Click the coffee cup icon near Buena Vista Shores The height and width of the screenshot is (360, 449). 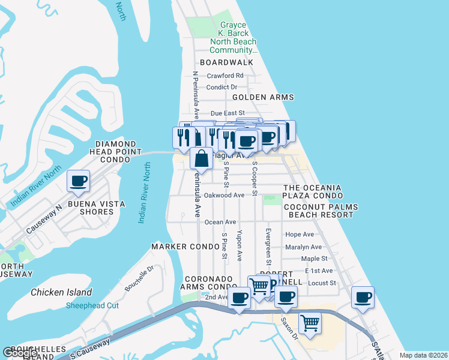pos(78,181)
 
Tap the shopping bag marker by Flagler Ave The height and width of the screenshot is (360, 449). pos(202,159)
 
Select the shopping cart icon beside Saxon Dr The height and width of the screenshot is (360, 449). pos(310,323)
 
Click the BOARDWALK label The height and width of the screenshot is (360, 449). pos(226,62)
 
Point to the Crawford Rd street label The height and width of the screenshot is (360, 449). pos(225,76)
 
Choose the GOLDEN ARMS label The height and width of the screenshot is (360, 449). pos(263,97)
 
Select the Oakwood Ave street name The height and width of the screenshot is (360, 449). pos(224,195)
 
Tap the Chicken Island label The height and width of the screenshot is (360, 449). pos(62,292)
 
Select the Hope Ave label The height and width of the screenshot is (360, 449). pos(300,235)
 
